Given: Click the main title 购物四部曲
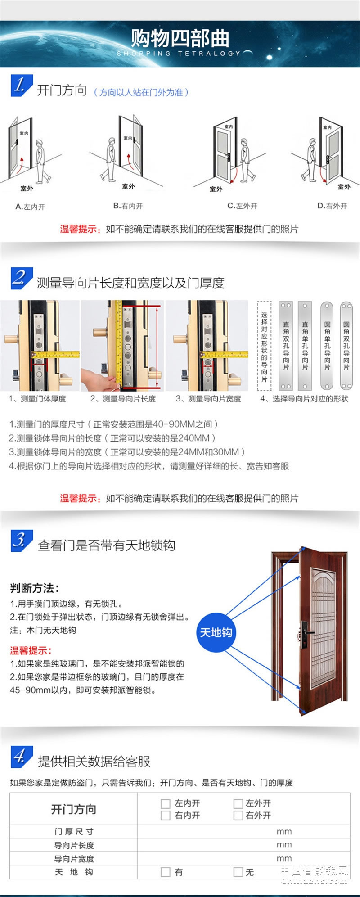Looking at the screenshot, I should pos(180,38).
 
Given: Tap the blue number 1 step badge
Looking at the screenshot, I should pos(21,86).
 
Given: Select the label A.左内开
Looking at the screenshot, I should pos(30,207).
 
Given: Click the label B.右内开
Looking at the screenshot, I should pos(128,206).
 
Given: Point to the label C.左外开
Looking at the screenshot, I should pos(242,206).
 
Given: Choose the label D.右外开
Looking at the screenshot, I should pos(332,206).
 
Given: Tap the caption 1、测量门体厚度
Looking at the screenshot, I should pos(37,398).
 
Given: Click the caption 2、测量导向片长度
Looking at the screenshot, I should pos(123,398).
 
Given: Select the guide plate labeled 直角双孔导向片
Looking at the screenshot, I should pos(286,345).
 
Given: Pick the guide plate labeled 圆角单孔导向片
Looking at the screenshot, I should pos(327,345).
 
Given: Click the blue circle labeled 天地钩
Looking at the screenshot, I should pos(216,632).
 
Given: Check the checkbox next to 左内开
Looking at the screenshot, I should pos(166,803).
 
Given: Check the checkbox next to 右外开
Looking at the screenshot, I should pos(238,815).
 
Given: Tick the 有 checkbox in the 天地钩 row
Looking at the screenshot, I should pos(166,872).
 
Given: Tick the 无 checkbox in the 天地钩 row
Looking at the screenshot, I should pos(238,872).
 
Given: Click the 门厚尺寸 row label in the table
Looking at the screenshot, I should pos(74,831).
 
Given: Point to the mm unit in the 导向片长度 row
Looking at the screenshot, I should pos(284,845).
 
